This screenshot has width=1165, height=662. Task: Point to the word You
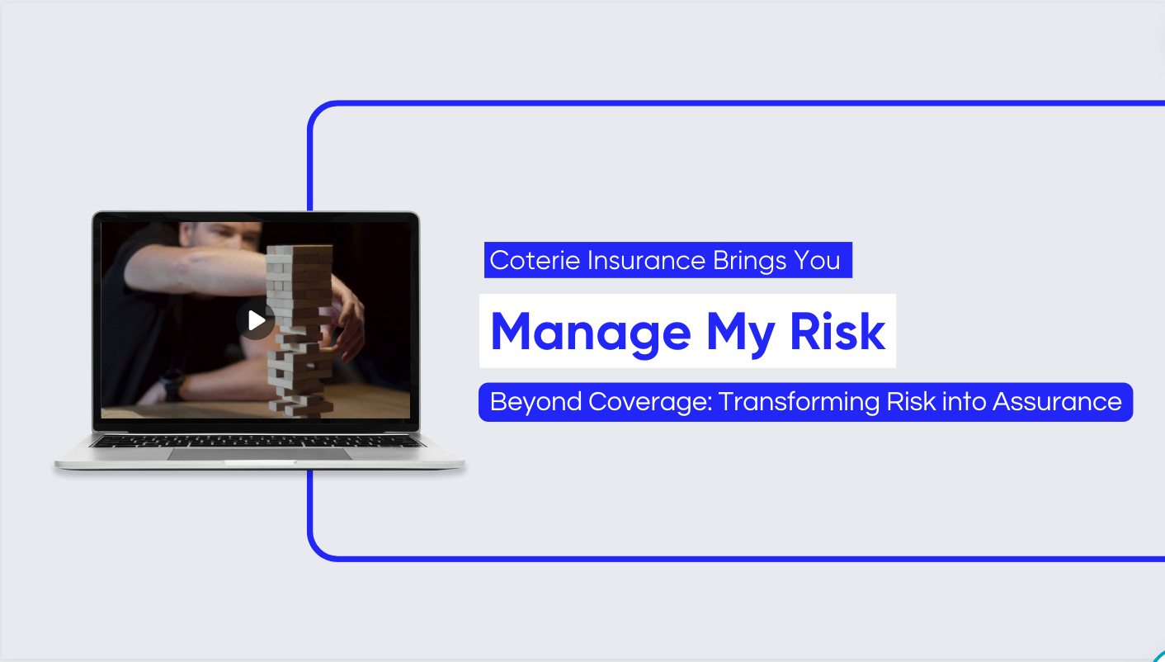tap(818, 261)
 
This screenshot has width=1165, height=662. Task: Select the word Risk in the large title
tap(837, 332)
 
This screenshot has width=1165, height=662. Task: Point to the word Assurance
tap(1057, 402)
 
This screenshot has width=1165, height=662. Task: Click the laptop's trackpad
tap(259, 454)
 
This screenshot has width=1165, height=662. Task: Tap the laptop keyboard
tap(257, 442)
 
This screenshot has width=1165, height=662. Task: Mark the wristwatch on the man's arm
tap(172, 385)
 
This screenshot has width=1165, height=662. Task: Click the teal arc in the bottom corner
tap(1158, 655)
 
